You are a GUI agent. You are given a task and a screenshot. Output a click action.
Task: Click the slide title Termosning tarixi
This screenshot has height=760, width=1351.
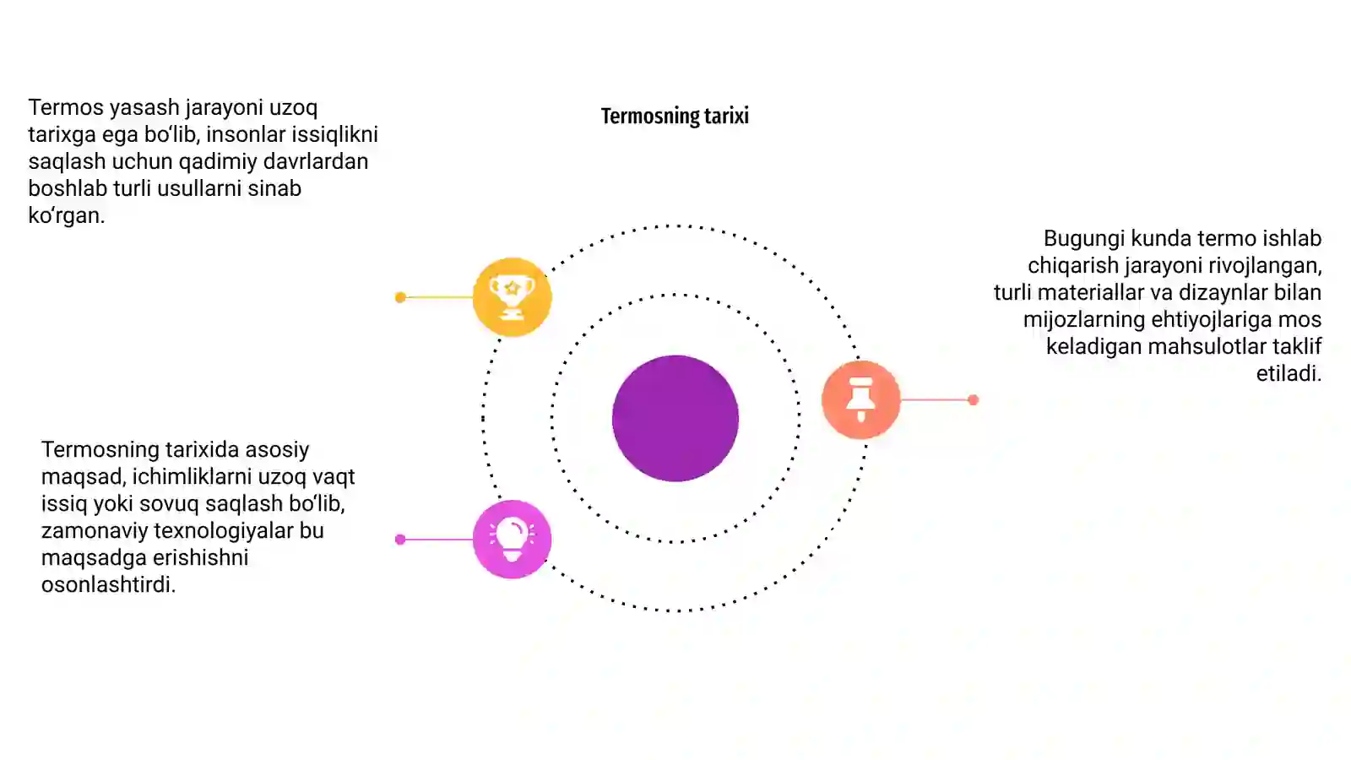tap(675, 116)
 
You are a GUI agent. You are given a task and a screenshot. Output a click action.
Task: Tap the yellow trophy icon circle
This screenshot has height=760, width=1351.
tap(512, 296)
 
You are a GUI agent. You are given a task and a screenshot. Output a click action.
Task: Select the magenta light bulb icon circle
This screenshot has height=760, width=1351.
tap(512, 540)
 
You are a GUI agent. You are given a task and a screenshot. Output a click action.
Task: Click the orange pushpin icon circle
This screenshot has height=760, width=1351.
tap(860, 399)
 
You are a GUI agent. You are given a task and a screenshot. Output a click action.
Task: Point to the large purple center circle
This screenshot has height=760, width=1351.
tap(675, 418)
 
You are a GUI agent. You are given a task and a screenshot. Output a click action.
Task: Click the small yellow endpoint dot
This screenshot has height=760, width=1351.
tap(400, 297)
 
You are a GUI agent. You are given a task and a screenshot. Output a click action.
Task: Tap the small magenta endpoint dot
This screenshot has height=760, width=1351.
tap(400, 540)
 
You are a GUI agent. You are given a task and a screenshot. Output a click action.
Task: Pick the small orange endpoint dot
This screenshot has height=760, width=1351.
tap(973, 400)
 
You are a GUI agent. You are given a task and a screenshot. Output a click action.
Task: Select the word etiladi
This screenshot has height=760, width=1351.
tap(1289, 373)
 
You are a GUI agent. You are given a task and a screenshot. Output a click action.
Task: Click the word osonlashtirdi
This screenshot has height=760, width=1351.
tap(109, 584)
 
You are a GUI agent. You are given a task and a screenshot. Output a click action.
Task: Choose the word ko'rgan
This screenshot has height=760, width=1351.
tap(67, 215)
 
